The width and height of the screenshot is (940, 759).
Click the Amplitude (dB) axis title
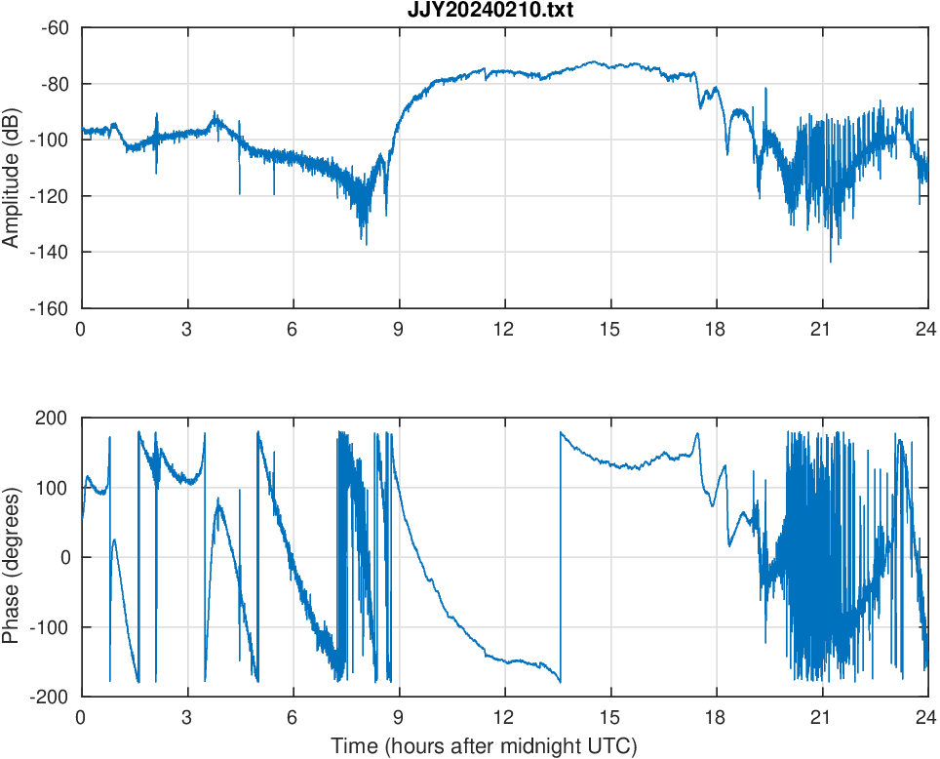click(x=12, y=168)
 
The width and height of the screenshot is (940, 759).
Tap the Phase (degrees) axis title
click(x=12, y=557)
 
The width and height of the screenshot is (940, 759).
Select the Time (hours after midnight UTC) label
click(x=484, y=746)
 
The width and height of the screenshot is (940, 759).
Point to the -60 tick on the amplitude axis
click(x=54, y=27)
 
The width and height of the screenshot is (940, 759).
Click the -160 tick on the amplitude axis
click(x=50, y=308)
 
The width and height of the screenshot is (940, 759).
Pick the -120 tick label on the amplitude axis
click(x=50, y=196)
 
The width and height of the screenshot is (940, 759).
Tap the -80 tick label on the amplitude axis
click(x=54, y=84)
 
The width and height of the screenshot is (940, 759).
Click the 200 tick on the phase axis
click(x=53, y=419)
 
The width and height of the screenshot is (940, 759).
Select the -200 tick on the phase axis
click(x=50, y=697)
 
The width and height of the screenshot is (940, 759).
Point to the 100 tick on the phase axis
click(x=53, y=488)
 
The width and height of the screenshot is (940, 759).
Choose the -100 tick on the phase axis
click(x=50, y=627)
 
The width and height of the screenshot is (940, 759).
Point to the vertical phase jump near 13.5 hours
click(x=561, y=556)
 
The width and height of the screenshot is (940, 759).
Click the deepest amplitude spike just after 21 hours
click(x=831, y=260)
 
